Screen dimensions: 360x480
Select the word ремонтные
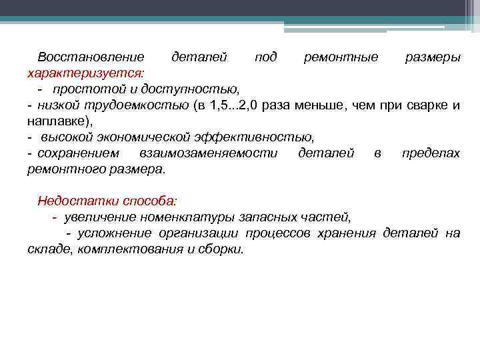coord(341,57)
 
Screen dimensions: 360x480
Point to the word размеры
coord(433,57)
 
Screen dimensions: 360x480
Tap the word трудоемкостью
coord(147,105)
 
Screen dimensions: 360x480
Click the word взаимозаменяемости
coord(208,153)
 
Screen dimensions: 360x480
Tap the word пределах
coord(431,153)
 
